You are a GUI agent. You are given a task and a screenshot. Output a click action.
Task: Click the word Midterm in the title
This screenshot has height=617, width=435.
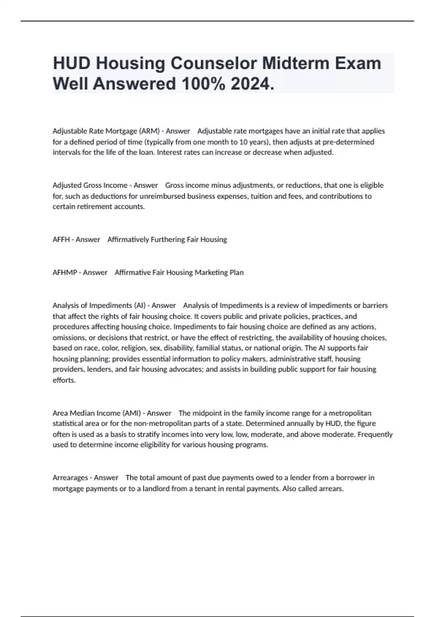click(296, 64)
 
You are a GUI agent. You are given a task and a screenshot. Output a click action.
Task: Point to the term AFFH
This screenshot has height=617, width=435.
click(61, 240)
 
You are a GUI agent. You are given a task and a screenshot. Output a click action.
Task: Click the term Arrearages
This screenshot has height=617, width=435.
click(70, 478)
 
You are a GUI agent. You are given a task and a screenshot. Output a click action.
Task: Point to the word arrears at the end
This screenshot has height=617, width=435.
click(330, 489)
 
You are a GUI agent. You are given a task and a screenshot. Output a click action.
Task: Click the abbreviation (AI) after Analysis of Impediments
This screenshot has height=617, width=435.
click(140, 305)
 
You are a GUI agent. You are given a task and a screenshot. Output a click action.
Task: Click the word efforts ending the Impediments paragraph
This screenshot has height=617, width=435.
click(64, 380)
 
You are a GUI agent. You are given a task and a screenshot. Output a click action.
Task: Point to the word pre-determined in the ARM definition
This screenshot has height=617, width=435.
click(348, 142)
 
